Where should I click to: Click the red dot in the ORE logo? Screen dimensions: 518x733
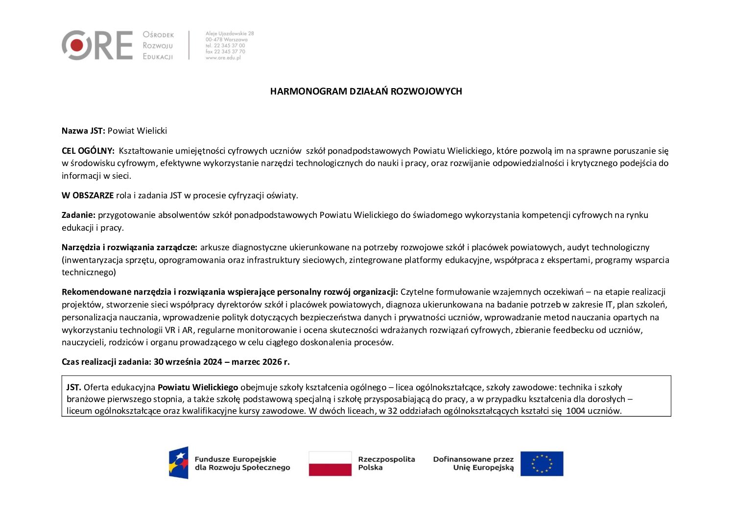tap(76, 46)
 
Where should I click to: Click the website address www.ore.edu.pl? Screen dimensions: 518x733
tap(223, 58)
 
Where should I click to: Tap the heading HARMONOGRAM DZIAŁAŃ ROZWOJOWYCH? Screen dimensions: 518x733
tap(366, 92)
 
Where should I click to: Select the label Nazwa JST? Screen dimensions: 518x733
tap(83, 131)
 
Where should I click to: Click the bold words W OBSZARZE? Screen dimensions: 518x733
tap(88, 195)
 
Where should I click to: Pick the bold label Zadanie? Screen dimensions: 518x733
tap(78, 215)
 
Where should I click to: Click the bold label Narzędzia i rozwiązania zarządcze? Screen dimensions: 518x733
tap(129, 247)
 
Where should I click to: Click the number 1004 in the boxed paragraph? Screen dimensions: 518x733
tap(576, 411)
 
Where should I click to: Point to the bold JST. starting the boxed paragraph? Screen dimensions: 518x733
tap(73, 387)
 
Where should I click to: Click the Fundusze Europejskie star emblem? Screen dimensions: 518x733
tap(179, 463)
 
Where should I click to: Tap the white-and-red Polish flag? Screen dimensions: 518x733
tap(330, 463)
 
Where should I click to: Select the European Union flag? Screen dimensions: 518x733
tap(542, 463)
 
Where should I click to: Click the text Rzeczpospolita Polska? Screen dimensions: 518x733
tap(386, 463)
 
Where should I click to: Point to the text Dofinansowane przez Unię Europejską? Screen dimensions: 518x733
tap(473, 463)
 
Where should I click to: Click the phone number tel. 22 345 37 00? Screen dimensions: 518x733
tap(225, 46)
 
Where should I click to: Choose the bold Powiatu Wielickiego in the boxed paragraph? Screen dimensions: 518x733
tap(198, 387)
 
